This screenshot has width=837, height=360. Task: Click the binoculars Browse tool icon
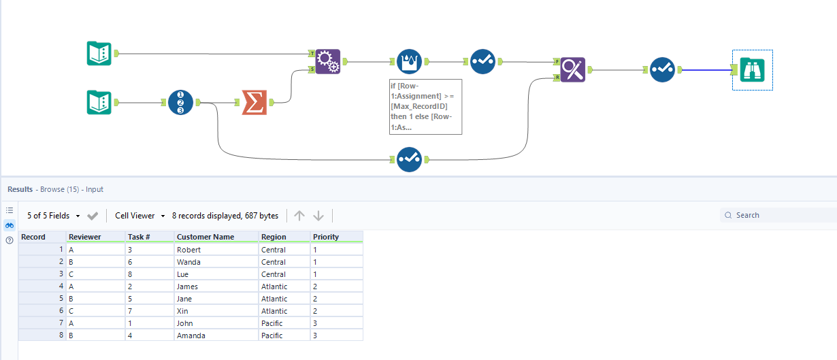(x=753, y=69)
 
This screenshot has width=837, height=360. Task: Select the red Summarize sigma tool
(x=254, y=103)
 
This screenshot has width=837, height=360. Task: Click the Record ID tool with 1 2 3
(x=181, y=103)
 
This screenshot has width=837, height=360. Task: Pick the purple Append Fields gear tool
(x=328, y=62)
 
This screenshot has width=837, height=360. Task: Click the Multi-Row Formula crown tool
(x=409, y=62)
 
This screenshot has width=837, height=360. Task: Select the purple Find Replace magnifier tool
(x=572, y=69)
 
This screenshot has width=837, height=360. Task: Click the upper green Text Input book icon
(x=99, y=53)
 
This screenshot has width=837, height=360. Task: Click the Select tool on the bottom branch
(x=409, y=159)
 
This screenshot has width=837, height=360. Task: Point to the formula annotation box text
(x=425, y=107)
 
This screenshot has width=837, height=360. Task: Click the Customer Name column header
(x=206, y=237)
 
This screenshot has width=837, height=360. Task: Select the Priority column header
(x=325, y=237)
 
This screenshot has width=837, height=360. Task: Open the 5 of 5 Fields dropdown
(x=53, y=216)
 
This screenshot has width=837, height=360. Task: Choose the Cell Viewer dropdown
(x=139, y=216)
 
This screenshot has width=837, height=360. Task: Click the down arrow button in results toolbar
(x=318, y=216)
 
